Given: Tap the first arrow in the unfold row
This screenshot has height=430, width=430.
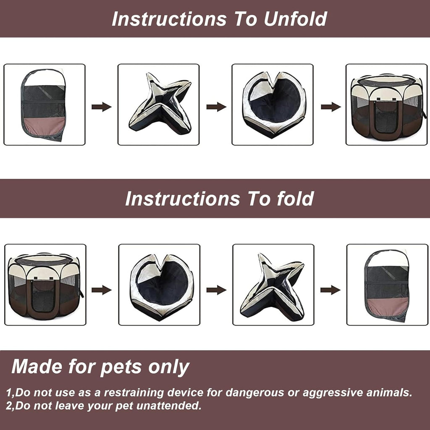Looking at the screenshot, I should point(102,107).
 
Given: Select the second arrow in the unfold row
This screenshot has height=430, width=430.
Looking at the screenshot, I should point(216,107).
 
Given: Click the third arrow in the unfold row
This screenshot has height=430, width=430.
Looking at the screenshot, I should point(331,107).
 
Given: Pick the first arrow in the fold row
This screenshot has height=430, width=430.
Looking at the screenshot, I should point(102,290).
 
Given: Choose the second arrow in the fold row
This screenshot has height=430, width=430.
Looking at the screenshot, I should point(216,290).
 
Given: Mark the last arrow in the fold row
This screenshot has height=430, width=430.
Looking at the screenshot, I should point(330,290).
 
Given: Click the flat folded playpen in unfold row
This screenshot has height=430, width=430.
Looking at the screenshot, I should point(44,105).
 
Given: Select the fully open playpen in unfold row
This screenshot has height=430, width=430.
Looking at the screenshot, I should point(386,107).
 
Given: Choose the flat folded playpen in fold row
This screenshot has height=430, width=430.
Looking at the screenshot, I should point(387,286).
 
